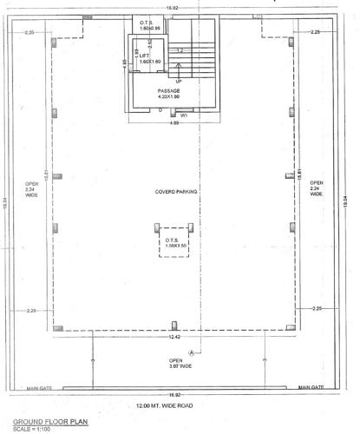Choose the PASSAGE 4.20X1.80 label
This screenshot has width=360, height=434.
pos(169,94)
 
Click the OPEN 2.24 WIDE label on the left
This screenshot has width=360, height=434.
pos(31,189)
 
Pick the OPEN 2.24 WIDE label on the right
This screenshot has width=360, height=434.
pos(317,189)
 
